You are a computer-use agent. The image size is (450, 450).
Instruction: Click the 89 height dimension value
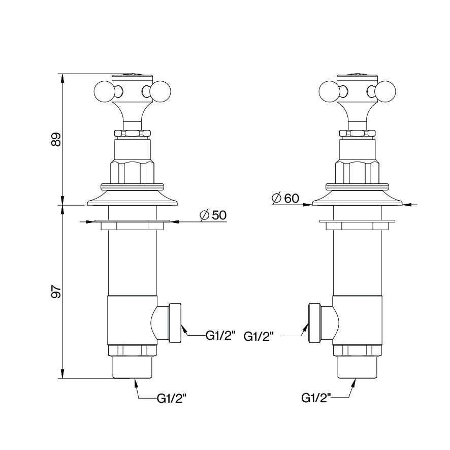56,140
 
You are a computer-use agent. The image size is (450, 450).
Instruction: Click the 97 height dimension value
56,292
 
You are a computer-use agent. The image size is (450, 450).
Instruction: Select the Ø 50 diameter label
213,215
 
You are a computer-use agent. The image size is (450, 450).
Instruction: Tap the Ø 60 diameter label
285,198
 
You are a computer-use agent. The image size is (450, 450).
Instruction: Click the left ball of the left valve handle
104,91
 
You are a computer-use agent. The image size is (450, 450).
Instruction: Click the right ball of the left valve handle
161,91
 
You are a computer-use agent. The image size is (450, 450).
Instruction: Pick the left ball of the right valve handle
329,91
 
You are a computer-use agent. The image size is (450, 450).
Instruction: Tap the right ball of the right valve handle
385,91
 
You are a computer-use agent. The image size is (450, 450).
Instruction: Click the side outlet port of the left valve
166,323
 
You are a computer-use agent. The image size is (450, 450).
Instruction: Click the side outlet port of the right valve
324,323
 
